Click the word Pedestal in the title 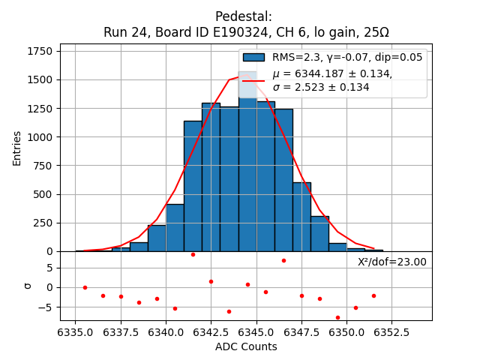point(244,16)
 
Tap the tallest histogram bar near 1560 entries point(247,165)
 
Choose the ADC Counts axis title point(246,346)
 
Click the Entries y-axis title point(17,148)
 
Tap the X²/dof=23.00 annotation point(391,262)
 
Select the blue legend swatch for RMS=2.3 point(253,57)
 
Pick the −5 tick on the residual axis point(45,307)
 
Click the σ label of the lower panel point(28,286)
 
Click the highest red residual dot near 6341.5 point(193,254)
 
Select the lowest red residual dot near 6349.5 point(337,317)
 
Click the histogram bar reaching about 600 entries point(301,217)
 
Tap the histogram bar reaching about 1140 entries point(193,187)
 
